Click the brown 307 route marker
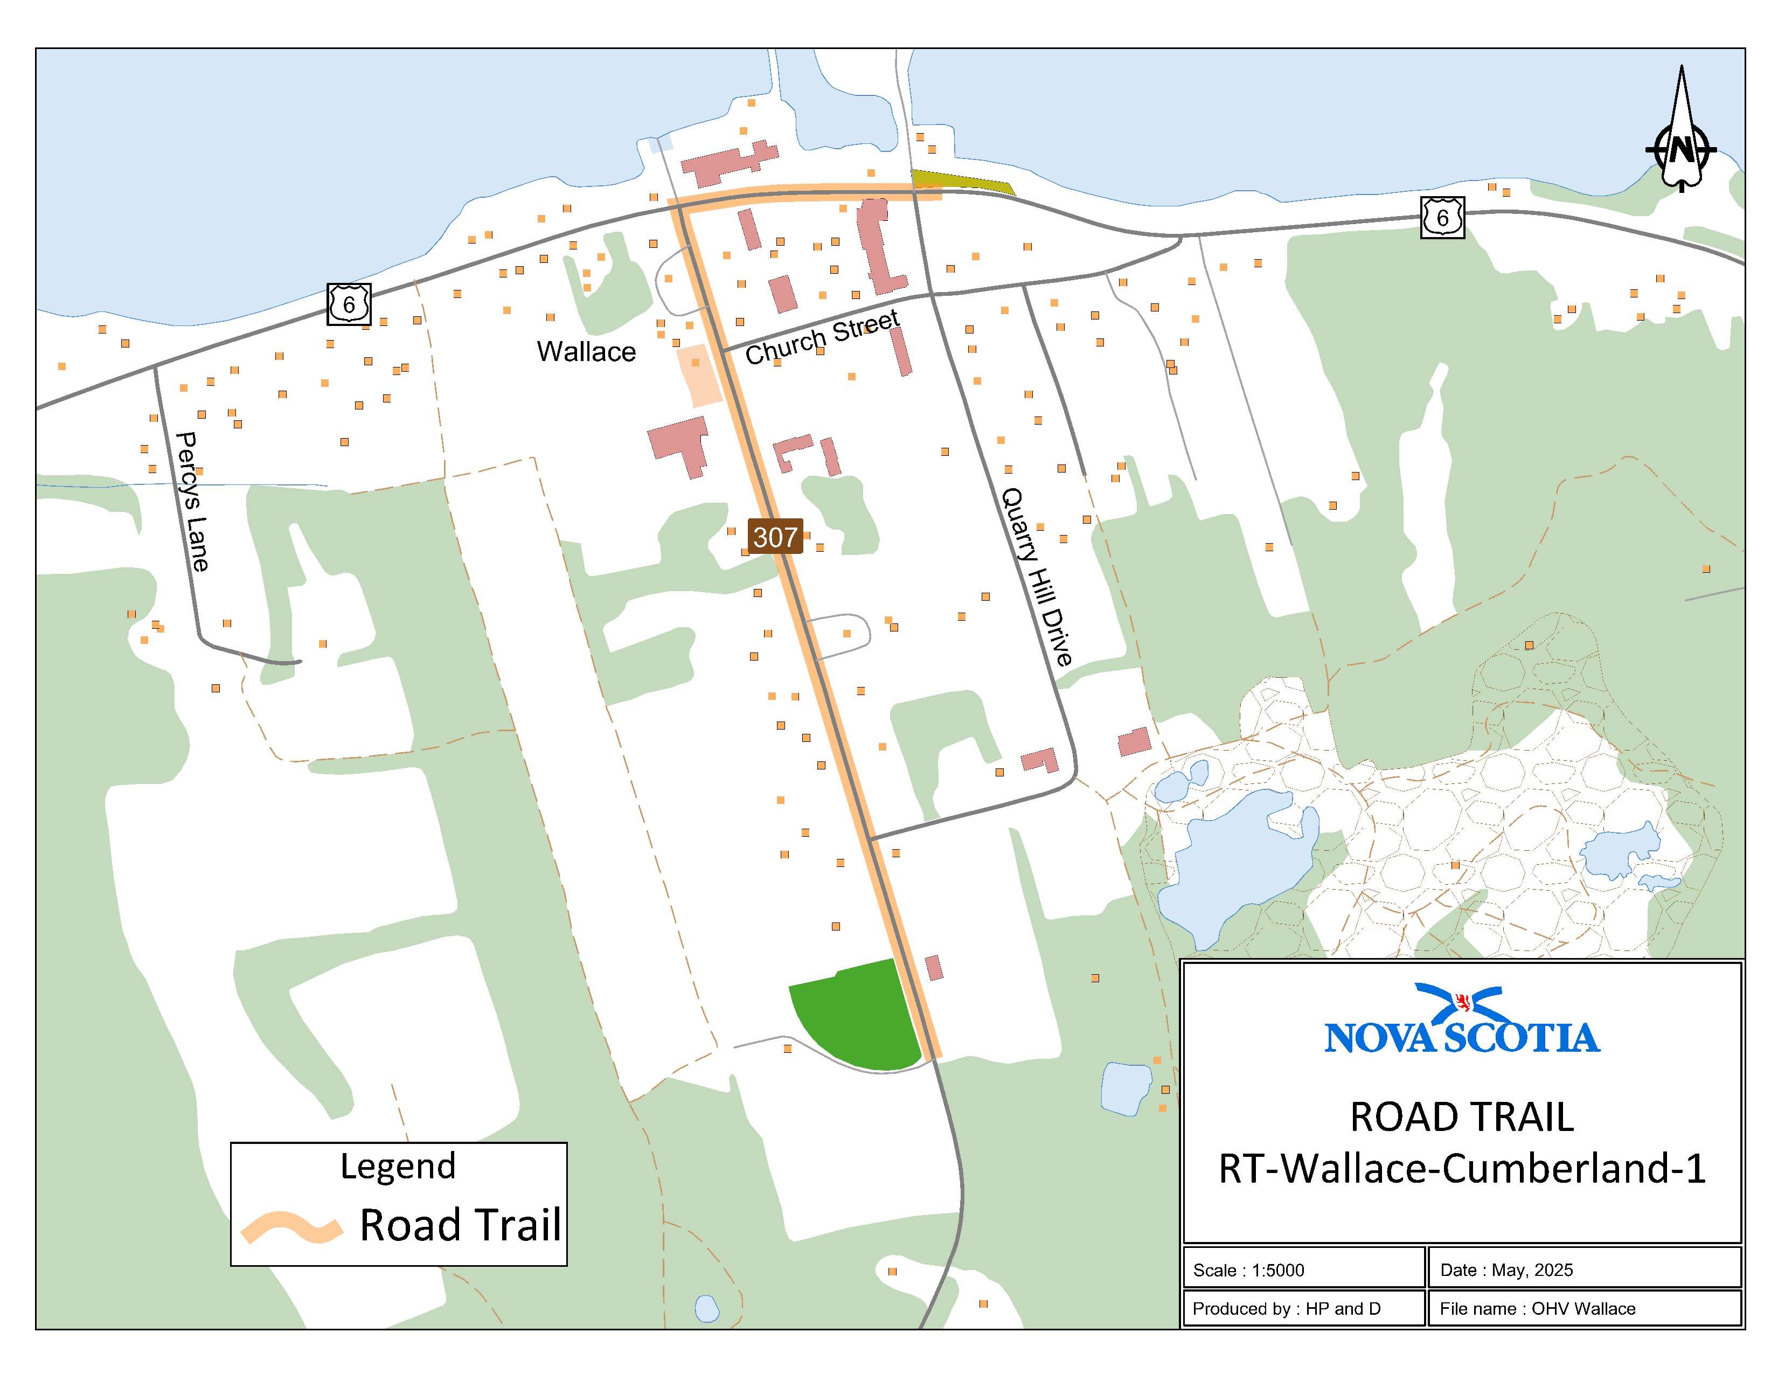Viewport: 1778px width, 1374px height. [x=775, y=537]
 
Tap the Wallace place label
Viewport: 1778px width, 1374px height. [x=586, y=352]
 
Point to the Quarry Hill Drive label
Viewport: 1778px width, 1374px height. [x=1036, y=577]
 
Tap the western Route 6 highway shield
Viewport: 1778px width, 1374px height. [x=349, y=304]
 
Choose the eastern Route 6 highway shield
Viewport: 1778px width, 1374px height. [x=1442, y=217]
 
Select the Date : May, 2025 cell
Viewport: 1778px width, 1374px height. [x=1506, y=1270]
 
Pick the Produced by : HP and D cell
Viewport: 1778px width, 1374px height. [x=1286, y=1308]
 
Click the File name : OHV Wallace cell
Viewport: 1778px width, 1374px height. [x=1537, y=1308]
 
